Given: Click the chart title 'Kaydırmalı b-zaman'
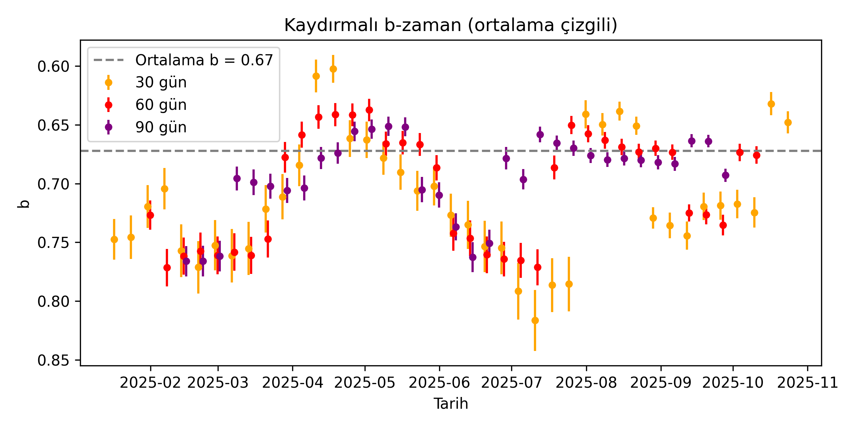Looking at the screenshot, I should pyautogui.click(x=450, y=25).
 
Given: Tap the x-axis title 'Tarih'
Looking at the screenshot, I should pyautogui.click(x=450, y=404).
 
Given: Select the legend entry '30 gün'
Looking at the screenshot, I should pyautogui.click(x=161, y=82).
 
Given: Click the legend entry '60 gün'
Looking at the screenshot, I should pyautogui.click(x=161, y=105).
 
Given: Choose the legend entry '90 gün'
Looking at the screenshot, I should pyautogui.click(x=161, y=127).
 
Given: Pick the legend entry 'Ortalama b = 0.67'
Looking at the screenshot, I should pyautogui.click(x=204, y=60).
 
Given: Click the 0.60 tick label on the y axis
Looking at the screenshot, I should pyautogui.click(x=53, y=66).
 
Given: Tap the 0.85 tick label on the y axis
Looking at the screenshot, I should pyautogui.click(x=53, y=361).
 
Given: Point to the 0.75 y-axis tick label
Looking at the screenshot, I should pyautogui.click(x=53, y=243).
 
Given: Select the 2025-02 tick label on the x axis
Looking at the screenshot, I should pyautogui.click(x=150, y=383).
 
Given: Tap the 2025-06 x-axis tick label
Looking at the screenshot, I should pyautogui.click(x=439, y=383).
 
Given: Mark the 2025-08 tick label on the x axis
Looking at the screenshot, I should pyautogui.click(x=586, y=383).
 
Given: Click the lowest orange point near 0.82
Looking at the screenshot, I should pyautogui.click(x=535, y=321).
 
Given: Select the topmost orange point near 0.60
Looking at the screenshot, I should pyautogui.click(x=333, y=69).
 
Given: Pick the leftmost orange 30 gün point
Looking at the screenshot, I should pyautogui.click(x=114, y=239).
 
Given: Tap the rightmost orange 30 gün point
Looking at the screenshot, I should pyautogui.click(x=788, y=122).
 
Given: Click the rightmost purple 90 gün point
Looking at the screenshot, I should pyautogui.click(x=725, y=175).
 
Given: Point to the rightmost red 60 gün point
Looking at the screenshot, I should pyautogui.click(x=756, y=155).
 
